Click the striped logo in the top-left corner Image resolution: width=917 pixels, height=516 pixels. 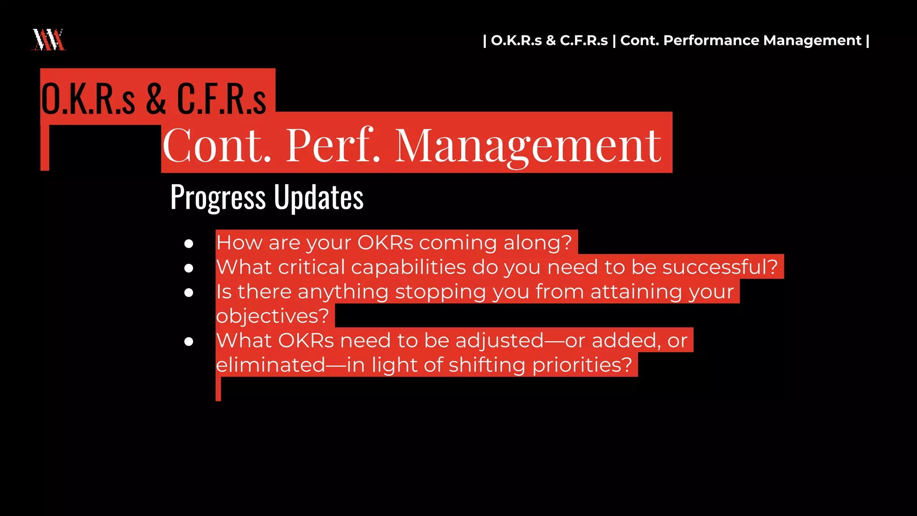tap(49, 39)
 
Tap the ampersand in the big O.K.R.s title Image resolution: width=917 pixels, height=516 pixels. tap(156, 99)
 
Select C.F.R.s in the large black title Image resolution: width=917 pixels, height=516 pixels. tap(221, 99)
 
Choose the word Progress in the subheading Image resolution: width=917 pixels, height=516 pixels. tap(218, 197)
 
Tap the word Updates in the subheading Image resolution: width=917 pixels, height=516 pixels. tap(318, 197)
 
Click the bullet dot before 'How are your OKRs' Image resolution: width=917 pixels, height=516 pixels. tap(189, 243)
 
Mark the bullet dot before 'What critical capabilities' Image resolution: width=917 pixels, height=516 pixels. tap(189, 268)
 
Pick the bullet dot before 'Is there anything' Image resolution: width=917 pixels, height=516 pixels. tap(189, 292)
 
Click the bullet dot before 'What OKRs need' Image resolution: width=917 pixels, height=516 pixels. tap(189, 341)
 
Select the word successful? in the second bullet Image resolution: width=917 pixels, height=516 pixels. tap(720, 267)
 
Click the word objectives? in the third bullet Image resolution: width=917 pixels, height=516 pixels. tap(273, 316)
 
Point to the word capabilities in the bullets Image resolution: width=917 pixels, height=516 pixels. tap(408, 267)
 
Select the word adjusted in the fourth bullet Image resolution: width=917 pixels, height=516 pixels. tap(499, 341)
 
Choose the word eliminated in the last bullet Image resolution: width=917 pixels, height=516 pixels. tap(270, 365)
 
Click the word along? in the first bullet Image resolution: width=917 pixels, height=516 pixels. tap(538, 243)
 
